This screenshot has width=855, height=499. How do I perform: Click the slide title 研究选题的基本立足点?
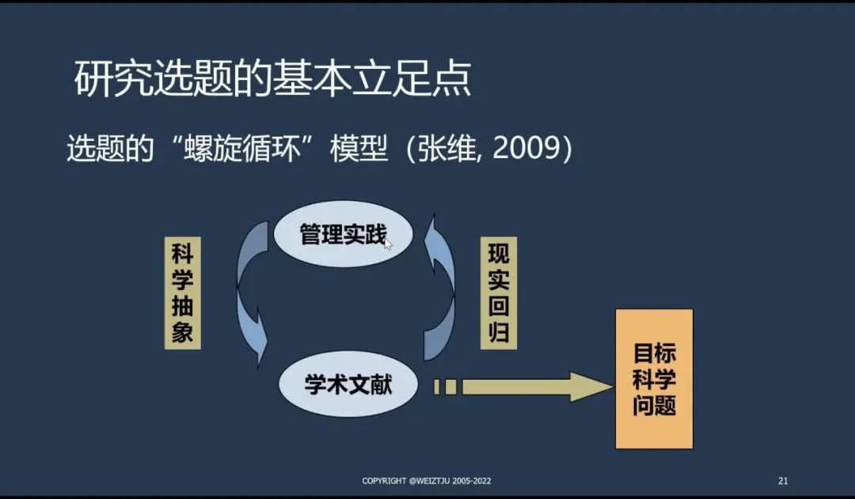pyautogui.click(x=273, y=80)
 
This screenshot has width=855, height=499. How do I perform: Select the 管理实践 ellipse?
pyautogui.click(x=343, y=234)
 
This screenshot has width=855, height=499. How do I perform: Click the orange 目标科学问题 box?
pyautogui.click(x=654, y=379)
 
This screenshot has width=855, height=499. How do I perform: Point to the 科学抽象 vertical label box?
pyautogui.click(x=182, y=293)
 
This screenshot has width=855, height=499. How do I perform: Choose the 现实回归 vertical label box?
pyautogui.click(x=499, y=294)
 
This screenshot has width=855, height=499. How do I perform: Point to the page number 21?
pyautogui.click(x=783, y=481)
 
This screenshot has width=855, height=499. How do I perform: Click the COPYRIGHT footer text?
pyautogui.click(x=431, y=481)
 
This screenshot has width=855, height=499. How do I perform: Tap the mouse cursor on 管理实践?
pyautogui.click(x=388, y=244)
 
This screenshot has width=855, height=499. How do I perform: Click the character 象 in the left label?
pyautogui.click(x=182, y=332)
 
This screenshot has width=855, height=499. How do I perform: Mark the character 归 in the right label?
pyautogui.click(x=499, y=332)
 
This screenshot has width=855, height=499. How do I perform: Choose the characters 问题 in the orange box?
pyautogui.click(x=654, y=406)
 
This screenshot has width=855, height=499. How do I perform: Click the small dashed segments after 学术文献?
pyautogui.click(x=446, y=387)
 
